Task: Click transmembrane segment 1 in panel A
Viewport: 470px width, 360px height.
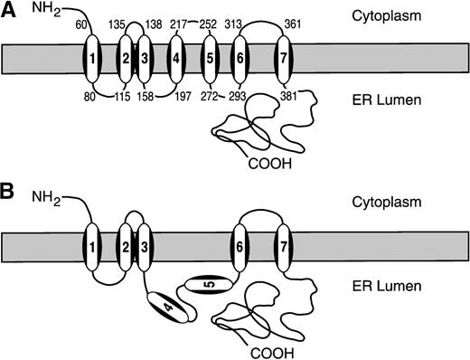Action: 90,61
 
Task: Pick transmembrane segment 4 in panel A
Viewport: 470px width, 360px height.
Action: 177,61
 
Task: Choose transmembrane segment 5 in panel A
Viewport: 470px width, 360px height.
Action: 210,61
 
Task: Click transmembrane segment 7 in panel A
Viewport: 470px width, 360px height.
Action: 284,61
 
